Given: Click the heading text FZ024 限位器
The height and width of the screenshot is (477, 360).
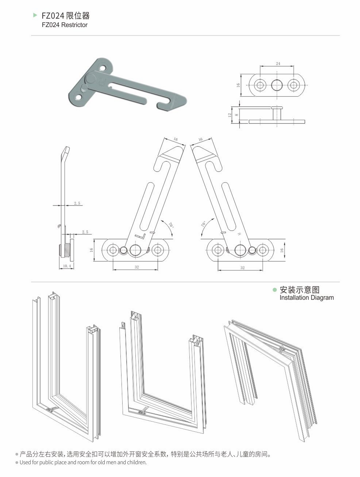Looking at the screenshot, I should [66, 16].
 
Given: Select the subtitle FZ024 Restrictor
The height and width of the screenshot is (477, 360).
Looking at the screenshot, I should [65, 25].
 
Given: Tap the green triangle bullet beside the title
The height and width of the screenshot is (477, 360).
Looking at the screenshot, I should [35, 15].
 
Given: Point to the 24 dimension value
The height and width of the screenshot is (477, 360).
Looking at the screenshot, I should [278, 64].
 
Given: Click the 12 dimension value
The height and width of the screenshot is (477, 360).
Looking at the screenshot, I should [229, 115].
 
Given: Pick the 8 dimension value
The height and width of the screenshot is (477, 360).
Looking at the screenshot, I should [236, 115].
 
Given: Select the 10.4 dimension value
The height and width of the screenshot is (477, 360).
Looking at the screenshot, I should [66, 266].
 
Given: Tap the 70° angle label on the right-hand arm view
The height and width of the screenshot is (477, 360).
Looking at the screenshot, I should [203, 224].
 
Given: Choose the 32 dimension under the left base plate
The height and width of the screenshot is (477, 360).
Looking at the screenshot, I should [137, 267].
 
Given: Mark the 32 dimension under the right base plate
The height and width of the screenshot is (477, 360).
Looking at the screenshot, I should [243, 267].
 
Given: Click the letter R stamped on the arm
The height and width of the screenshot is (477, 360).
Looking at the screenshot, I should [239, 234].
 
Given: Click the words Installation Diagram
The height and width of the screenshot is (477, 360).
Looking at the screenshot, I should [306, 298].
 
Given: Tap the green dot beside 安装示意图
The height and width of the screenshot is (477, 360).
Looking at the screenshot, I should [275, 290].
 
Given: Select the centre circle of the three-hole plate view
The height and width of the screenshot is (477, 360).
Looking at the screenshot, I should [277, 85].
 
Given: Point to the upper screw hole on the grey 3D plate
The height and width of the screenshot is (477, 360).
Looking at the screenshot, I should [104, 67].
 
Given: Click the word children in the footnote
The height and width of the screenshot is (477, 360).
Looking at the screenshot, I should [135, 462].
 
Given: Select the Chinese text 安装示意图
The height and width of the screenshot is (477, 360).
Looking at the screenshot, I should [299, 290].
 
